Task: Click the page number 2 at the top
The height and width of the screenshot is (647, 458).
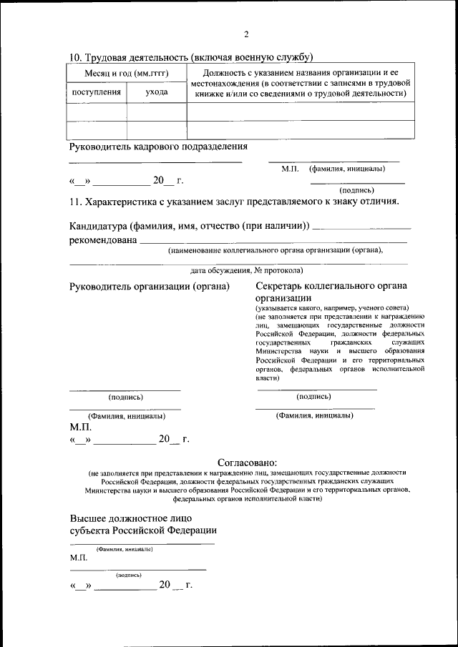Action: [245, 35]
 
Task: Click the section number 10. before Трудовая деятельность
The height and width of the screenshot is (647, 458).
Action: [76, 57]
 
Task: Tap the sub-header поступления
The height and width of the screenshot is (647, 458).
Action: [96, 92]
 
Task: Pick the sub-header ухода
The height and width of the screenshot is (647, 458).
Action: [157, 92]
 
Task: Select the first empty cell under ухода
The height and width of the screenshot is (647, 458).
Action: [157, 112]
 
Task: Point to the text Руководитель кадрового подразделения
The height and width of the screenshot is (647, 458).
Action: [158, 147]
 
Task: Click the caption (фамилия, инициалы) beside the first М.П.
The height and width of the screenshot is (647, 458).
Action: [347, 169]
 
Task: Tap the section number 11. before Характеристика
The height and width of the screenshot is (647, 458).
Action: [77, 202]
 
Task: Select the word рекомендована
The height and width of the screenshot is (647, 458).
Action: [102, 240]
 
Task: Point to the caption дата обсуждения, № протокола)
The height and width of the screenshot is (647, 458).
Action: [247, 270]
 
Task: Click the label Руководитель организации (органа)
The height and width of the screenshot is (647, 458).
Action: [149, 287]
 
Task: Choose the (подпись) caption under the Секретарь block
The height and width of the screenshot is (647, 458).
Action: [313, 396]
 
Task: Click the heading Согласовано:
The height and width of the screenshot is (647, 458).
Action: [246, 463]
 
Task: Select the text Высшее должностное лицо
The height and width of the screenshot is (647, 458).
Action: [131, 518]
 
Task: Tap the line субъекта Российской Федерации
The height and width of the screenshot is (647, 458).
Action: [143, 530]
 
